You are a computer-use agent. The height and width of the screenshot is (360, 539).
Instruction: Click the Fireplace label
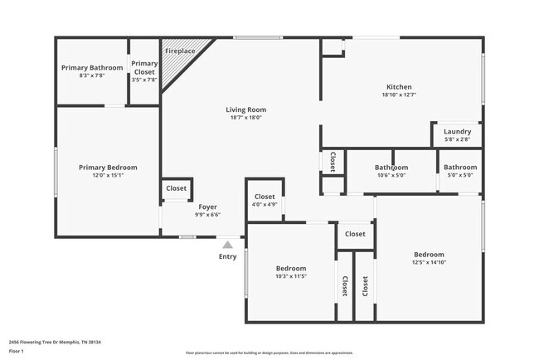180,51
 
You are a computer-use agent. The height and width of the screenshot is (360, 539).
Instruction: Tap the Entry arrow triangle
227,245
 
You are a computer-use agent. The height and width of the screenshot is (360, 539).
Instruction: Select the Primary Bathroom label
92,68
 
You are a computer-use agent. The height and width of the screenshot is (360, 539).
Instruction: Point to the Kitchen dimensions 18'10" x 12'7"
399,95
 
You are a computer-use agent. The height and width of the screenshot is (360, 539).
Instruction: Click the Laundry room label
457,132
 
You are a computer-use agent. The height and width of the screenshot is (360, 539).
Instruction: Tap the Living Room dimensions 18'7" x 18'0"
245,118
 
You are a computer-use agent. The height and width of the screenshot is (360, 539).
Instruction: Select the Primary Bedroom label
108,168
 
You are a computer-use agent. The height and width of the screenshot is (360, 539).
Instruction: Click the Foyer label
207,207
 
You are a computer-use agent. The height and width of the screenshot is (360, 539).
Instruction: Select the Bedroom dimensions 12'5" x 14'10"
429,263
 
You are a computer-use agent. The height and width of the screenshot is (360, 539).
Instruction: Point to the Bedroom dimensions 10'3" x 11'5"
291,276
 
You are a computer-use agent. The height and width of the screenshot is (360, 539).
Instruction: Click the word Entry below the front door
227,257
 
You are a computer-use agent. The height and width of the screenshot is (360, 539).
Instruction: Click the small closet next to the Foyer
176,189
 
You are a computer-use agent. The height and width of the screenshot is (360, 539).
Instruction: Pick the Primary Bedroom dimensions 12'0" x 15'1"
108,176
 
